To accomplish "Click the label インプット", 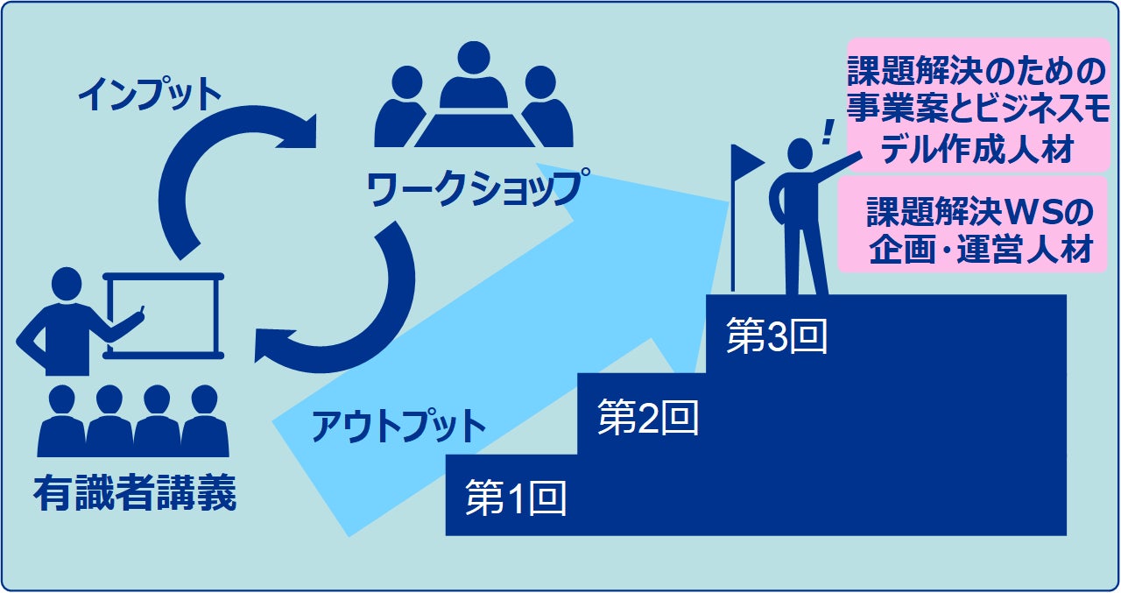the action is click(150, 95).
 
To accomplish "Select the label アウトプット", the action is click(398, 427).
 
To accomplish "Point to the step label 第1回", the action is click(516, 499).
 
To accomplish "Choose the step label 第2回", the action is click(648, 419).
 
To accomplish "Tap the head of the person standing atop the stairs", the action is click(800, 154).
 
